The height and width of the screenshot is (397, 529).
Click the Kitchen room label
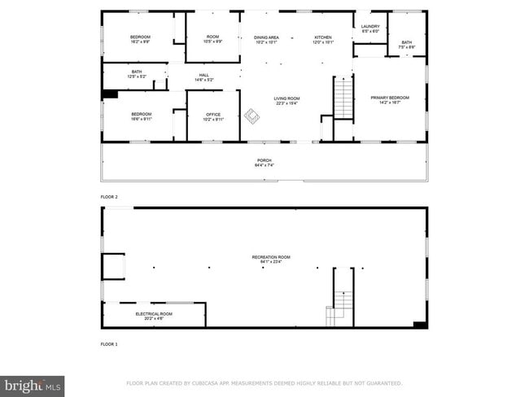[x=323, y=39]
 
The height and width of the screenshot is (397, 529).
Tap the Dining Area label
[x=266, y=39]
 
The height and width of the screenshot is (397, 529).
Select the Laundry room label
[x=369, y=28]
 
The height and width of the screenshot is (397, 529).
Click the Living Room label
[x=286, y=100]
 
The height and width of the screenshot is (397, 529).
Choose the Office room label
[x=213, y=116]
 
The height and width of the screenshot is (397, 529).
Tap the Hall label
[x=203, y=77]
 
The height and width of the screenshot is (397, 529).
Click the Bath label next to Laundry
[x=406, y=44]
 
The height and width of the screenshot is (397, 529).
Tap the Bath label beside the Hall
[x=137, y=74]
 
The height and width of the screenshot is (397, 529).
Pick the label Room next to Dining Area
[x=213, y=39]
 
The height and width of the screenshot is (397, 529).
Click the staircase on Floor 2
[x=344, y=98]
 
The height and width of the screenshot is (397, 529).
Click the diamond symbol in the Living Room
[x=252, y=116]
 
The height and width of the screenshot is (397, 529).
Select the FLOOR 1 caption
[x=109, y=344]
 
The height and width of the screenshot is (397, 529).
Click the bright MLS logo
[x=33, y=386]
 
